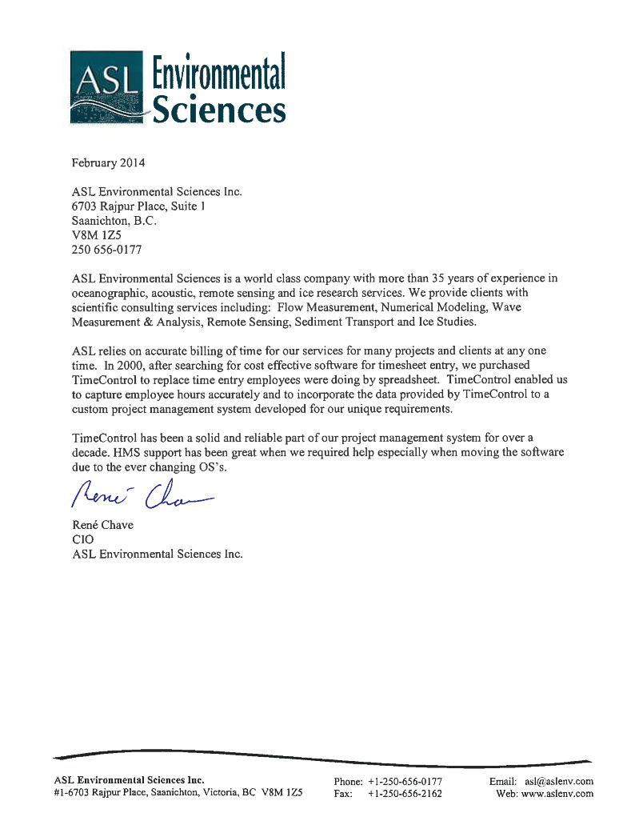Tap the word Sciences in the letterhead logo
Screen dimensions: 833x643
tap(219, 110)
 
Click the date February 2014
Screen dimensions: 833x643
tap(109, 162)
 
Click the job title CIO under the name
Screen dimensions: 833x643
tap(82, 539)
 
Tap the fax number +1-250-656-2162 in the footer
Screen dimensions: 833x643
tap(405, 794)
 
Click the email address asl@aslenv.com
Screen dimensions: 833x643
tap(559, 781)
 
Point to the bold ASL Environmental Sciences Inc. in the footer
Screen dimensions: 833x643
tap(129, 779)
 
